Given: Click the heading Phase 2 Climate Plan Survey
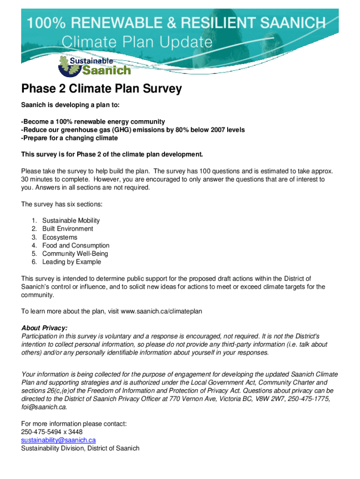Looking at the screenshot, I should [x=101, y=89].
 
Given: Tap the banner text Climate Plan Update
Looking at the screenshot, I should [x=137, y=43].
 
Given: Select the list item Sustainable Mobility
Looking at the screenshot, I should [x=71, y=220].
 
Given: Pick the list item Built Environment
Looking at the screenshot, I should [x=67, y=229].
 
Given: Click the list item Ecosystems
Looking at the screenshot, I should [x=60, y=237].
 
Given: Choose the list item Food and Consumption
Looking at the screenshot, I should [x=76, y=246].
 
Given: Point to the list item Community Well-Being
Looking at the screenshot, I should [x=75, y=254].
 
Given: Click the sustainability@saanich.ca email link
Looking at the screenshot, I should [x=58, y=440].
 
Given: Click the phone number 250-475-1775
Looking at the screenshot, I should [x=312, y=399].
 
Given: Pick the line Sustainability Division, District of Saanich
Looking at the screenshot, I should [x=80, y=448].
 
